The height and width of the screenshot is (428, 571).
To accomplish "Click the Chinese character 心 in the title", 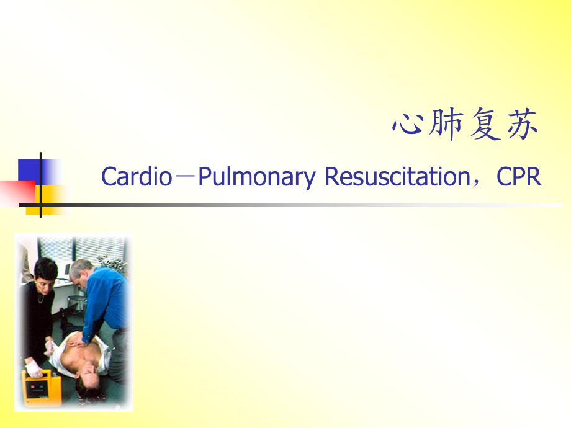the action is [x=408, y=123].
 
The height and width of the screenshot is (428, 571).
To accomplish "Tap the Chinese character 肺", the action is [x=446, y=123].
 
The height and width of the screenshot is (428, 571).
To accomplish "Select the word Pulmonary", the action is [x=257, y=177].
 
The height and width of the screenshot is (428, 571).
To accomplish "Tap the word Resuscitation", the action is [x=397, y=177].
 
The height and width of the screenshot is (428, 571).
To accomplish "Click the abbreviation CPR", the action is [x=519, y=177].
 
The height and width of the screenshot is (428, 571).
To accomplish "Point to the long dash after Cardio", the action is [x=185, y=177].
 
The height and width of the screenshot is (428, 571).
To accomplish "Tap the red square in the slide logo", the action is [x=17, y=193].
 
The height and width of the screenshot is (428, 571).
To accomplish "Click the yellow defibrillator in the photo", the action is [x=42, y=387].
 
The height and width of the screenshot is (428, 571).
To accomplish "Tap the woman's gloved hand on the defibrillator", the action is [x=34, y=369].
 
